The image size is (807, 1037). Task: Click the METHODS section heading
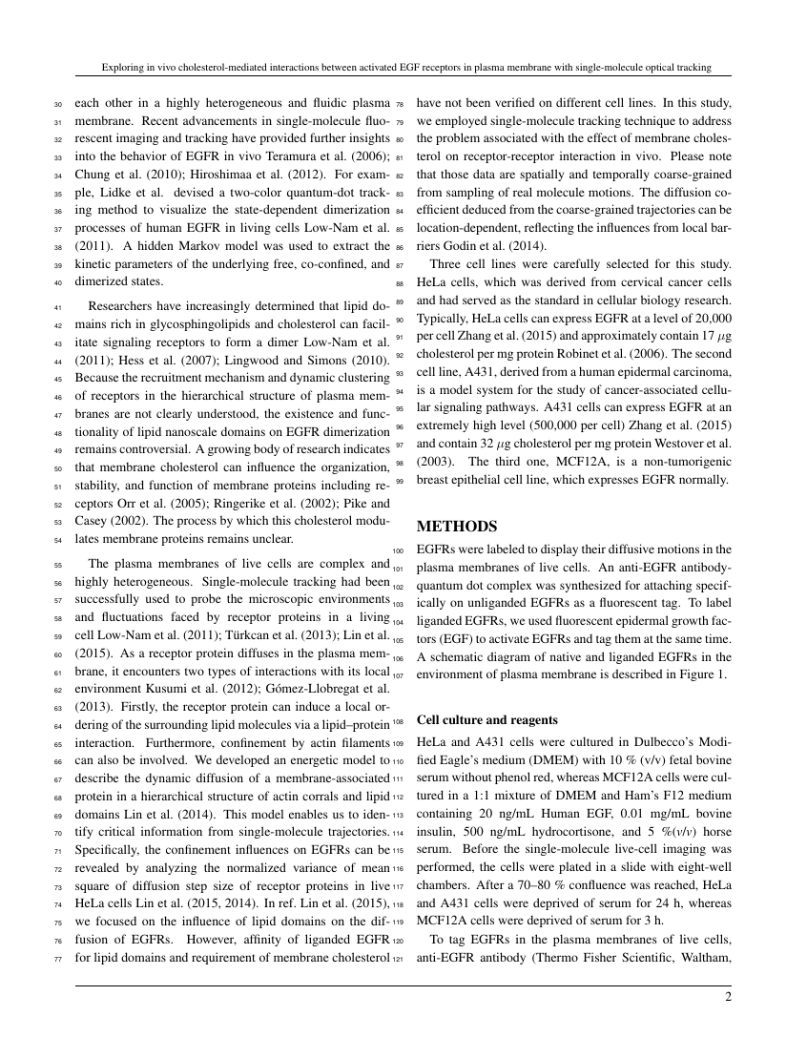point(458,527)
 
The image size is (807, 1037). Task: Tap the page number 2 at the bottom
point(727,997)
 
